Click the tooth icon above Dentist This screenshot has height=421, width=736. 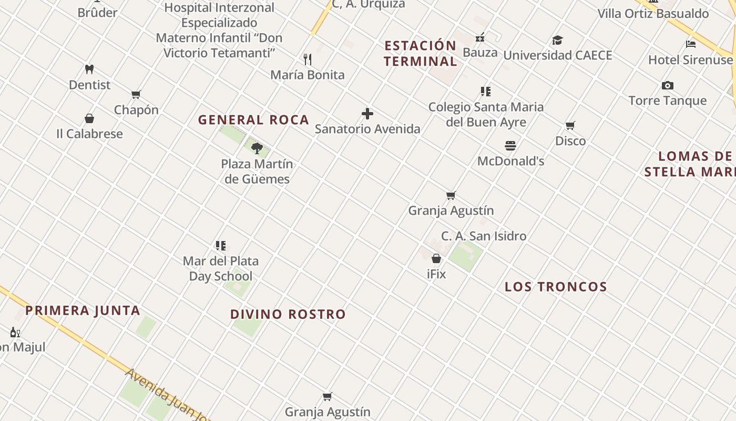pyautogui.click(x=89, y=69)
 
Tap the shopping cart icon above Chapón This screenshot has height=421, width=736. pyautogui.click(x=136, y=94)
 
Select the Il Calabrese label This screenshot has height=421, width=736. pyautogui.click(x=89, y=134)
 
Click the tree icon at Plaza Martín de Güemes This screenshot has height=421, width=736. pyautogui.click(x=257, y=148)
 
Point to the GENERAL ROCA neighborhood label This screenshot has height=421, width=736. pyautogui.click(x=253, y=120)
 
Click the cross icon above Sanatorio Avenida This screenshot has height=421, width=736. pyautogui.click(x=367, y=113)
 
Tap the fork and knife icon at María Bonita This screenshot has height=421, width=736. pyautogui.click(x=308, y=59)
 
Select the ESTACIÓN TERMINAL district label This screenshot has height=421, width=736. pyautogui.click(x=420, y=53)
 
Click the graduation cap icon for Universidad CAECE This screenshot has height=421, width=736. pyautogui.click(x=558, y=40)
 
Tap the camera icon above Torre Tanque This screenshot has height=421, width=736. pyautogui.click(x=668, y=85)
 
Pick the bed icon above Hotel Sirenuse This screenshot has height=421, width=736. pyautogui.click(x=691, y=44)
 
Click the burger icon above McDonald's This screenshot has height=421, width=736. pyautogui.click(x=510, y=145)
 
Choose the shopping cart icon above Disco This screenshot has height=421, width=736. pyautogui.click(x=570, y=125)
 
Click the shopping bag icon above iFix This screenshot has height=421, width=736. pyautogui.click(x=436, y=258)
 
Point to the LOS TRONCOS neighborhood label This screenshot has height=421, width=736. pyautogui.click(x=556, y=287)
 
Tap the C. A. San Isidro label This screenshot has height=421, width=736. pyautogui.click(x=484, y=236)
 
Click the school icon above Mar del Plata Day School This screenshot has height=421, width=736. pyautogui.click(x=221, y=245)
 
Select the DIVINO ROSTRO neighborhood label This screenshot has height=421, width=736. pyautogui.click(x=288, y=315)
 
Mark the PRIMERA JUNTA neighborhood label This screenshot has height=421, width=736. pyautogui.click(x=83, y=310)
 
